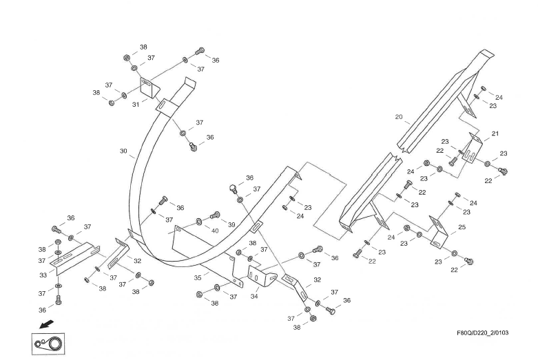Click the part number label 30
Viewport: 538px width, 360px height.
(123, 151)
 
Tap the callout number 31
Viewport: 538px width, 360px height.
(136, 105)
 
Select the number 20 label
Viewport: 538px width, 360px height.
(399, 117)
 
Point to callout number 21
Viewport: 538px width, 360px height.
(495, 134)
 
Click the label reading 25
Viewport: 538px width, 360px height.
(462, 227)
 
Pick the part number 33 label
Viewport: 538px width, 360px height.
(43, 275)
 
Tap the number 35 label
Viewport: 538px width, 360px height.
(198, 277)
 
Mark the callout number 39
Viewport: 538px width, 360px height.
(231, 224)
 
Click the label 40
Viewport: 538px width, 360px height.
(215, 231)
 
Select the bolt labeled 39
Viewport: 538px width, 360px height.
(215, 216)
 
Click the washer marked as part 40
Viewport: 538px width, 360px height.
(199, 222)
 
